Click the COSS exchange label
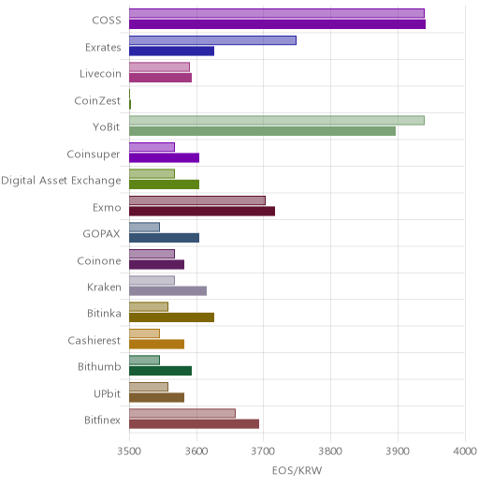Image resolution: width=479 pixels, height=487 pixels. (x=107, y=21)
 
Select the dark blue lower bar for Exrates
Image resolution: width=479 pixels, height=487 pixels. (x=172, y=51)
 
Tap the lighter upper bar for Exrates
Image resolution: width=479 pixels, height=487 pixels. (x=212, y=40)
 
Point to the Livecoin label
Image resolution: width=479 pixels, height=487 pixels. (x=100, y=74)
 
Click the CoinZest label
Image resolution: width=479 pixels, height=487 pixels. (x=97, y=100)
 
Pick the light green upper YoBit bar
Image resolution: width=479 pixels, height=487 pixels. (x=277, y=120)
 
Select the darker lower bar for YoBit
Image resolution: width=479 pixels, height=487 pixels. (x=263, y=131)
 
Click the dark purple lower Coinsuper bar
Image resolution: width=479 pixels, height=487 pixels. (x=165, y=158)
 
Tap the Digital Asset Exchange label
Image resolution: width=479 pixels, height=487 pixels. (x=61, y=181)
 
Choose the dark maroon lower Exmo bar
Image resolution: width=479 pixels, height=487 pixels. (x=202, y=212)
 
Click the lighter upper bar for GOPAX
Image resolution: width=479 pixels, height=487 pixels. (x=144, y=227)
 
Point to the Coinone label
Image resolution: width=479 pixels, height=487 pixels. (x=99, y=260)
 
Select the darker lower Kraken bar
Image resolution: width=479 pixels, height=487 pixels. (x=167, y=291)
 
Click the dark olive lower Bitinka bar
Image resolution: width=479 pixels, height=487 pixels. (x=172, y=317)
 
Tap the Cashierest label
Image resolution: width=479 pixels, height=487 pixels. (x=94, y=340)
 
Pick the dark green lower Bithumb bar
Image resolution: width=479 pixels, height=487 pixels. (x=161, y=371)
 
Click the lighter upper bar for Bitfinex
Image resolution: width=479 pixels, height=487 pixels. (x=182, y=413)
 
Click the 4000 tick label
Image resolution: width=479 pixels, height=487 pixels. (x=465, y=451)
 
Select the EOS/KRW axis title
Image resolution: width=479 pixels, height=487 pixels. (x=297, y=470)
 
